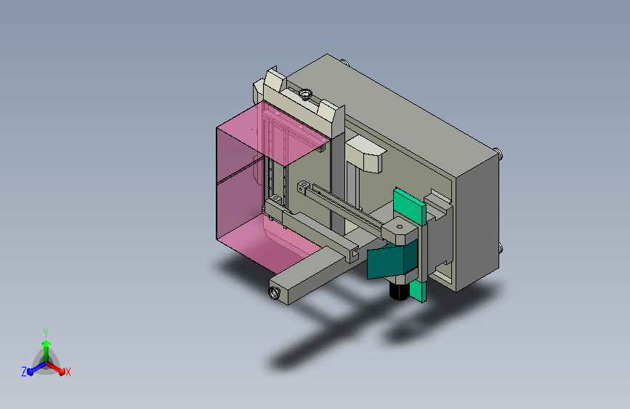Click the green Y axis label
45,333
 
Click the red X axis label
68,372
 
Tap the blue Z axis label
24,372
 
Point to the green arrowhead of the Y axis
47,344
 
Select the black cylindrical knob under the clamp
399,291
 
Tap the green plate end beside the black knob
418,291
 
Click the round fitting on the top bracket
305,94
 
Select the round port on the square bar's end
275,293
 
